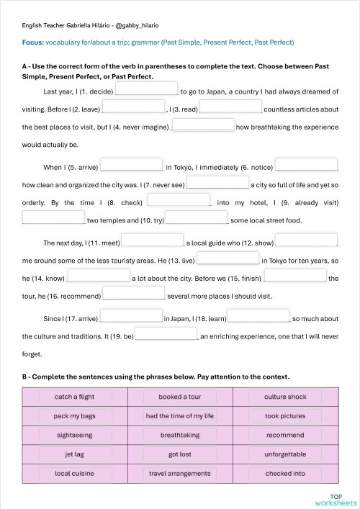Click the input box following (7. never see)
[x=217, y=183]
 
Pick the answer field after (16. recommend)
[x=134, y=293]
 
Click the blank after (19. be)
[x=166, y=334]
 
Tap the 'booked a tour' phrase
[x=180, y=397]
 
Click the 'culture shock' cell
[x=285, y=397]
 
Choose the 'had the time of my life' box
[x=180, y=416]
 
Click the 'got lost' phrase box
[x=180, y=454]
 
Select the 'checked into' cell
[x=285, y=474]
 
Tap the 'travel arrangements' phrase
[x=180, y=474]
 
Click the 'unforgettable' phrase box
[x=285, y=454]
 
